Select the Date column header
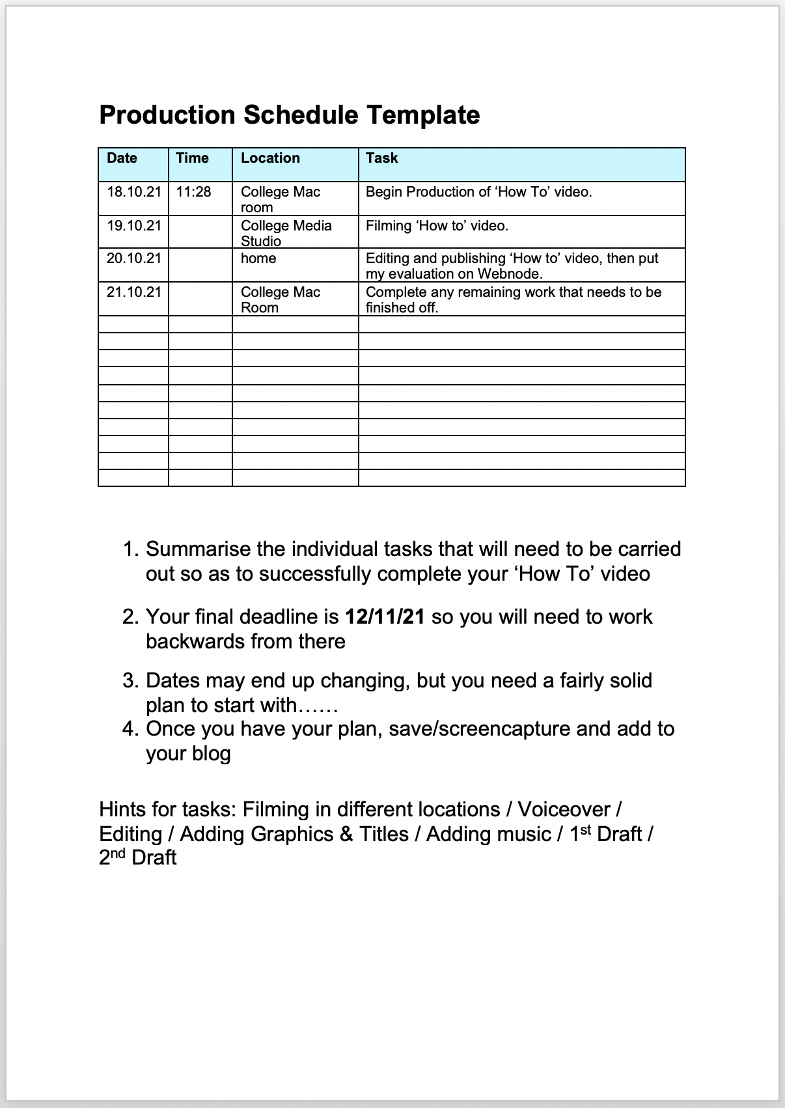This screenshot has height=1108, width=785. click(122, 158)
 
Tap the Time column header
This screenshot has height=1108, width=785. click(192, 158)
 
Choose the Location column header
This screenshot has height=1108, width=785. click(270, 158)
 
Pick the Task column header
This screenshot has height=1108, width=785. click(381, 158)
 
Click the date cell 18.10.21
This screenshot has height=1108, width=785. click(133, 192)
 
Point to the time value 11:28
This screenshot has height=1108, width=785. click(193, 192)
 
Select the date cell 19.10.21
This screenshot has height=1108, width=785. click(133, 226)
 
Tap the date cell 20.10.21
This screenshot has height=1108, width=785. click(133, 258)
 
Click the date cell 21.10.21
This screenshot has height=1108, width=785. click(133, 292)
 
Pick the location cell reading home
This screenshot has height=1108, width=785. click(258, 258)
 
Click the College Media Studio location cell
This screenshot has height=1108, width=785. click(286, 233)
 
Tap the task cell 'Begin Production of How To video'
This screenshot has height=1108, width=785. click(478, 192)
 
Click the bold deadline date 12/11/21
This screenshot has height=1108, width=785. click(384, 616)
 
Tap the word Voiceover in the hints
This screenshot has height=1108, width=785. click(564, 809)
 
